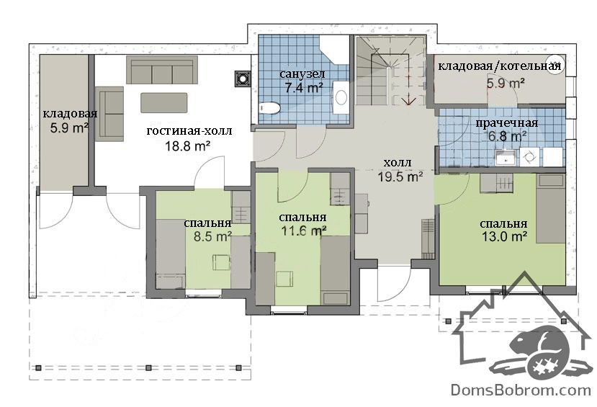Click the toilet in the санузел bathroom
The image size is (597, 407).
tap(269, 108)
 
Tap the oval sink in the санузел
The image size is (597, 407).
tap(341, 97)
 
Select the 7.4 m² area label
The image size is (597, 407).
tap(304, 88)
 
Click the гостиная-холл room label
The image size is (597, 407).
tap(189, 131)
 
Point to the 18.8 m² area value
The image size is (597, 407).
tap(188, 146)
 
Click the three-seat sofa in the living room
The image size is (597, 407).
tap(162, 70)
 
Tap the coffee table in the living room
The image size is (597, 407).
tap(164, 102)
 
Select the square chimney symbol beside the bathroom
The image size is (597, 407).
tap(242, 79)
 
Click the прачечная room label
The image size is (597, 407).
tap(507, 123)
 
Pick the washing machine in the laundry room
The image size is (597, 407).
tap(529, 157)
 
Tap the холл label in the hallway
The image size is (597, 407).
tap(397, 163)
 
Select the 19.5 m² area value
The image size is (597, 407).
tap(400, 176)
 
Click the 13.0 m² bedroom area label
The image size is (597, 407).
tap(505, 236)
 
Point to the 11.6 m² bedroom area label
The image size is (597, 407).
tap(303, 231)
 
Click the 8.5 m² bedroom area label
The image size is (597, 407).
tap(212, 236)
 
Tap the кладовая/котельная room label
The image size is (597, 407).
tap(500, 66)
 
